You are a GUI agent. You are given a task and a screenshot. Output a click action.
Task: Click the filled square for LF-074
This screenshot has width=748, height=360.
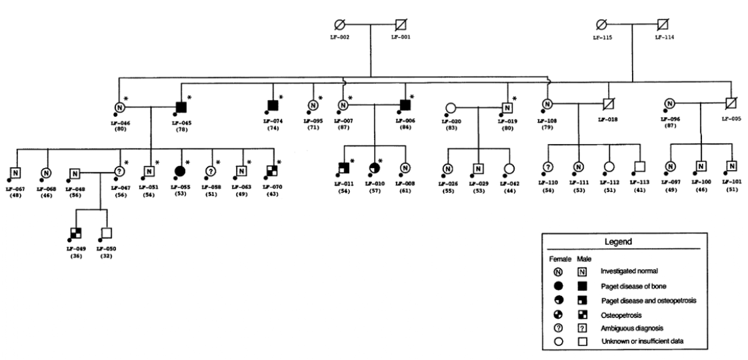point(273,105)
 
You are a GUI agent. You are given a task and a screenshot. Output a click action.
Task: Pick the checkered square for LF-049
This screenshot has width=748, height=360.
point(77,233)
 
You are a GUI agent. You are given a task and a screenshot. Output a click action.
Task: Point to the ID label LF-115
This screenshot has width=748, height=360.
point(601,39)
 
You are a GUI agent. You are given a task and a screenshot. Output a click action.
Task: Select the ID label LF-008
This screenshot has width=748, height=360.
point(405,182)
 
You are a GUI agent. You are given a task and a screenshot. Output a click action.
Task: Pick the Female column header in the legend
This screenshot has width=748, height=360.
point(557,258)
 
